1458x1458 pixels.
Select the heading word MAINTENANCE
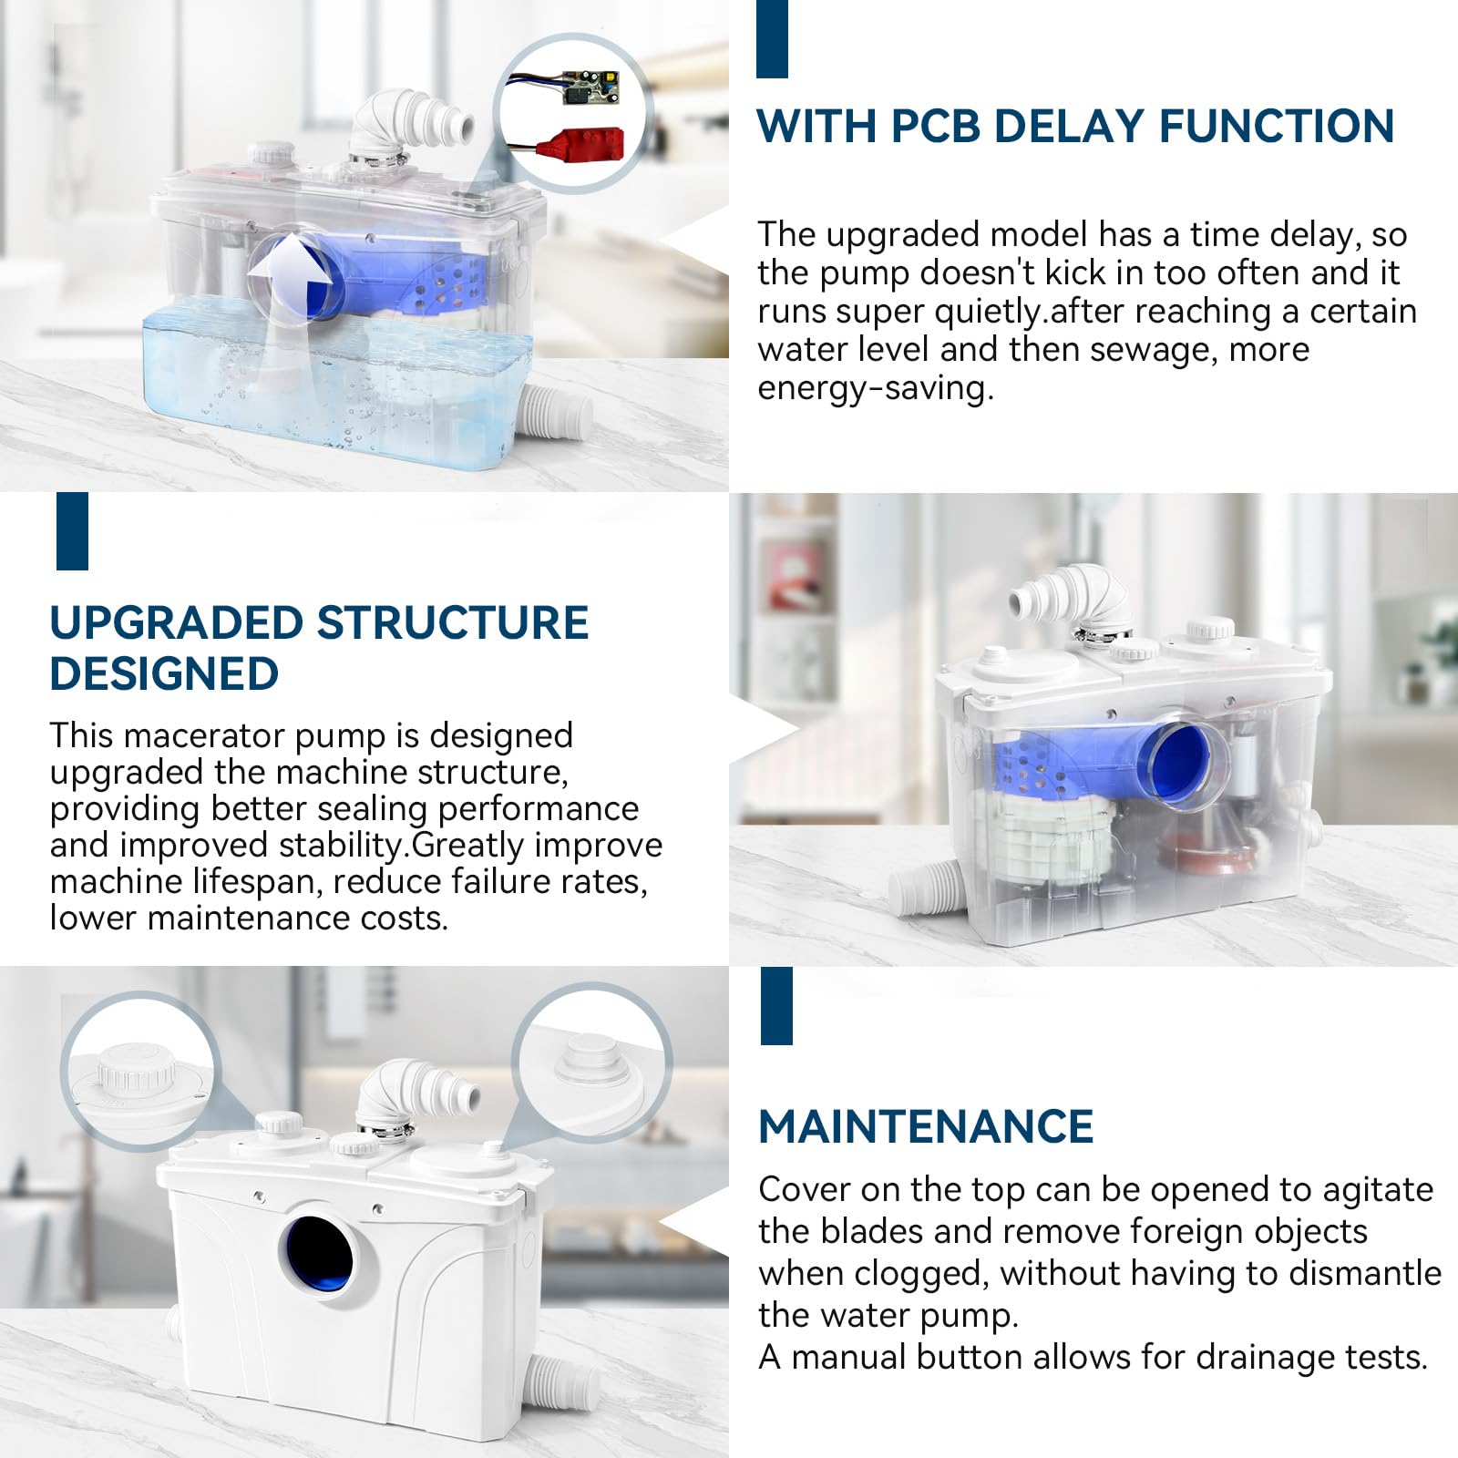pyautogui.click(x=926, y=1126)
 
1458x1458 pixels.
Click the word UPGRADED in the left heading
pyautogui.click(x=176, y=623)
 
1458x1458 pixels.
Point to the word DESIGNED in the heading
pyautogui.click(x=164, y=674)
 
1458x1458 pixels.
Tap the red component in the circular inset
pyautogui.click(x=584, y=143)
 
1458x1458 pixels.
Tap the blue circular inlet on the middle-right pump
pyautogui.click(x=1179, y=764)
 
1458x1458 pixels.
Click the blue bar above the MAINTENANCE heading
pyautogui.click(x=776, y=1006)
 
